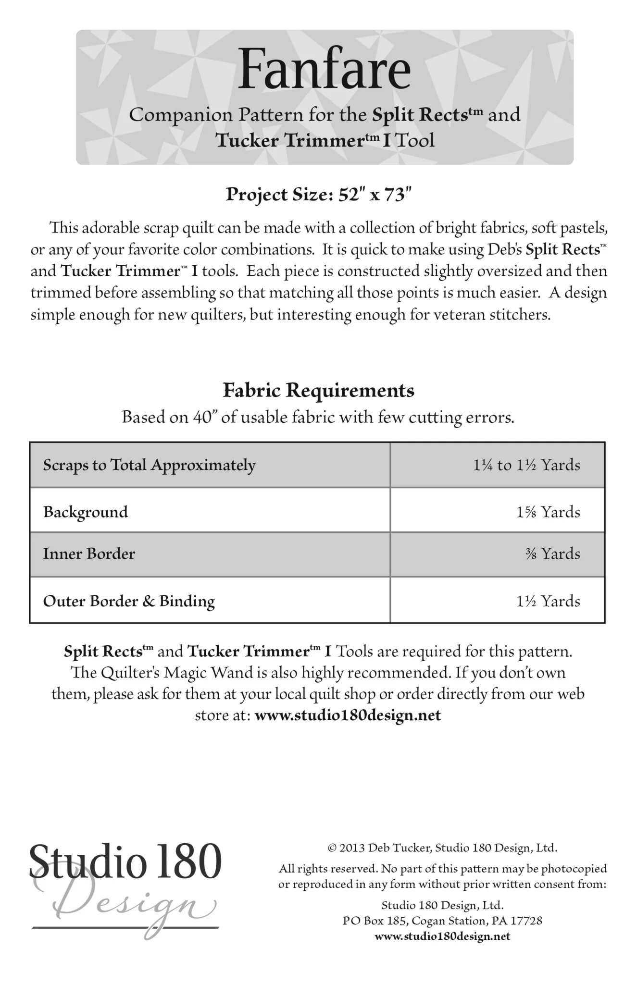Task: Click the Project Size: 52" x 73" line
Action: coord(319,195)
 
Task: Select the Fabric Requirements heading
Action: coord(318,391)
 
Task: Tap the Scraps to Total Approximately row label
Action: coord(149,465)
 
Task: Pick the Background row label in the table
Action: coord(86,512)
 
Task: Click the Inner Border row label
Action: coord(89,553)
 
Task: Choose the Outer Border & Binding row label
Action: coord(129,601)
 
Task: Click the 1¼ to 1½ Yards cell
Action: coord(526,465)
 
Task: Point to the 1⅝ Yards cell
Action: coord(548,512)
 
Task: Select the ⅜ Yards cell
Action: coord(552,553)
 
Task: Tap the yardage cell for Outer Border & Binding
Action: coord(548,601)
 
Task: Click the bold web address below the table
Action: coord(348,715)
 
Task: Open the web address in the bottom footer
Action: coord(442,936)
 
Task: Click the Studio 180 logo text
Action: coord(125,863)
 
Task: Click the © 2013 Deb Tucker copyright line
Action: coord(442,848)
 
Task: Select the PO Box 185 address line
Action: coord(442,921)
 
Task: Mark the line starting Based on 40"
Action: coord(318,417)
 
